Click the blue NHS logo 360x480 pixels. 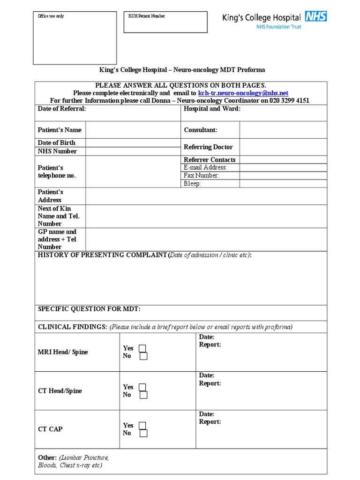click(315, 16)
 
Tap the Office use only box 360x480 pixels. click(75, 38)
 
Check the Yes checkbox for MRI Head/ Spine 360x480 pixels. click(142, 348)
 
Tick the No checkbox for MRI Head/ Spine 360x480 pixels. click(143, 356)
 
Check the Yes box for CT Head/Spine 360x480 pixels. click(142, 387)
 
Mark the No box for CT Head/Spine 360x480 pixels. click(143, 395)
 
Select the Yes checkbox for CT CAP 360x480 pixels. click(142, 426)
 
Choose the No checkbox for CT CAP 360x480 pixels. click(143, 434)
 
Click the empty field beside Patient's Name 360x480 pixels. click(133, 130)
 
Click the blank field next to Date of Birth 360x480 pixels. click(133, 142)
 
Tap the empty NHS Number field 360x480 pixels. click(133, 151)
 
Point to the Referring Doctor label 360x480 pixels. click(208, 147)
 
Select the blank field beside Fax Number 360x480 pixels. click(283, 175)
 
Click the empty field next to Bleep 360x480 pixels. click(283, 183)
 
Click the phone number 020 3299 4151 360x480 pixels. click(289, 101)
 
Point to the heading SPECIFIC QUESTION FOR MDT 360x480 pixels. click(89, 309)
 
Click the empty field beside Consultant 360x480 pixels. click(283, 130)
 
